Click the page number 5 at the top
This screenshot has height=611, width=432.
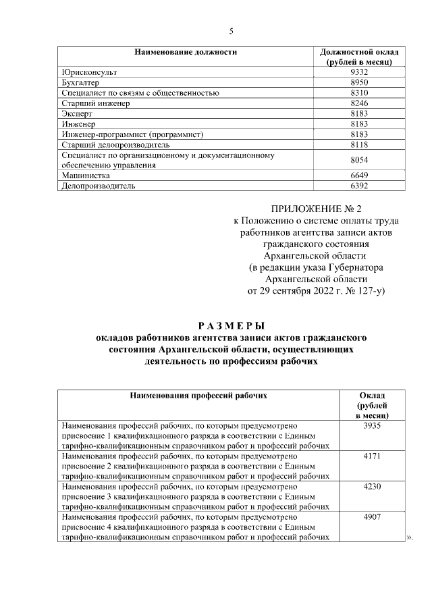coord(231,31)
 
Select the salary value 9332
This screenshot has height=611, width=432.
coord(360,72)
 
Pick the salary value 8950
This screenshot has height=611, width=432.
coord(360,82)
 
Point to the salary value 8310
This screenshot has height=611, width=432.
coord(360,92)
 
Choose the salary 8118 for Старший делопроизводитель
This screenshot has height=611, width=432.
coord(360,144)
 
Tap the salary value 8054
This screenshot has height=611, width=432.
coord(360,160)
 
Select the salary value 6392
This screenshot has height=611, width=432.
coord(360,186)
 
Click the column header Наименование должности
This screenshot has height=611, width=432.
coord(185,51)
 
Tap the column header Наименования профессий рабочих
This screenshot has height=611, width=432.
coord(198,396)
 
